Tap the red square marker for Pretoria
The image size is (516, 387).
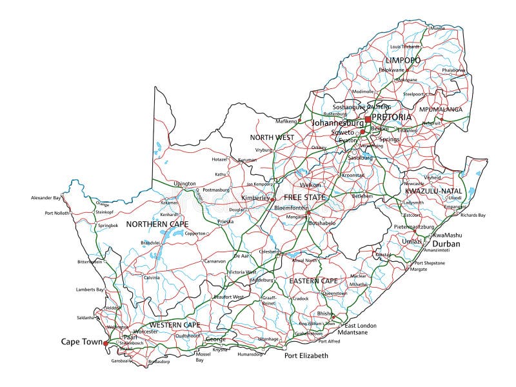coord(368,119)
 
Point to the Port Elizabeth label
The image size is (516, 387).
coord(306,355)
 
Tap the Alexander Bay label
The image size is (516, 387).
coord(48,198)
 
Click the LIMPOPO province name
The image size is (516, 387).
coord(402,60)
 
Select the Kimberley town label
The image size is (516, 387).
coord(255,198)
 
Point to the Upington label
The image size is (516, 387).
coord(184,184)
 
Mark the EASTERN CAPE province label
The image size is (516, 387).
coord(313,281)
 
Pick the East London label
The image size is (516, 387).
coord(361,325)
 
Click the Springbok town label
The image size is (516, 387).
coord(108,226)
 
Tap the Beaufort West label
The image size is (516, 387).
coord(229,297)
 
